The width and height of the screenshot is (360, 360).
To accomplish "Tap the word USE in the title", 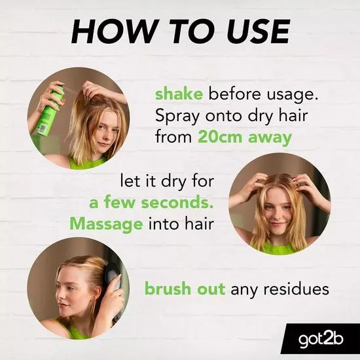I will [x=254, y=31].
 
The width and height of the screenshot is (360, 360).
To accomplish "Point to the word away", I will [x=270, y=137].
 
